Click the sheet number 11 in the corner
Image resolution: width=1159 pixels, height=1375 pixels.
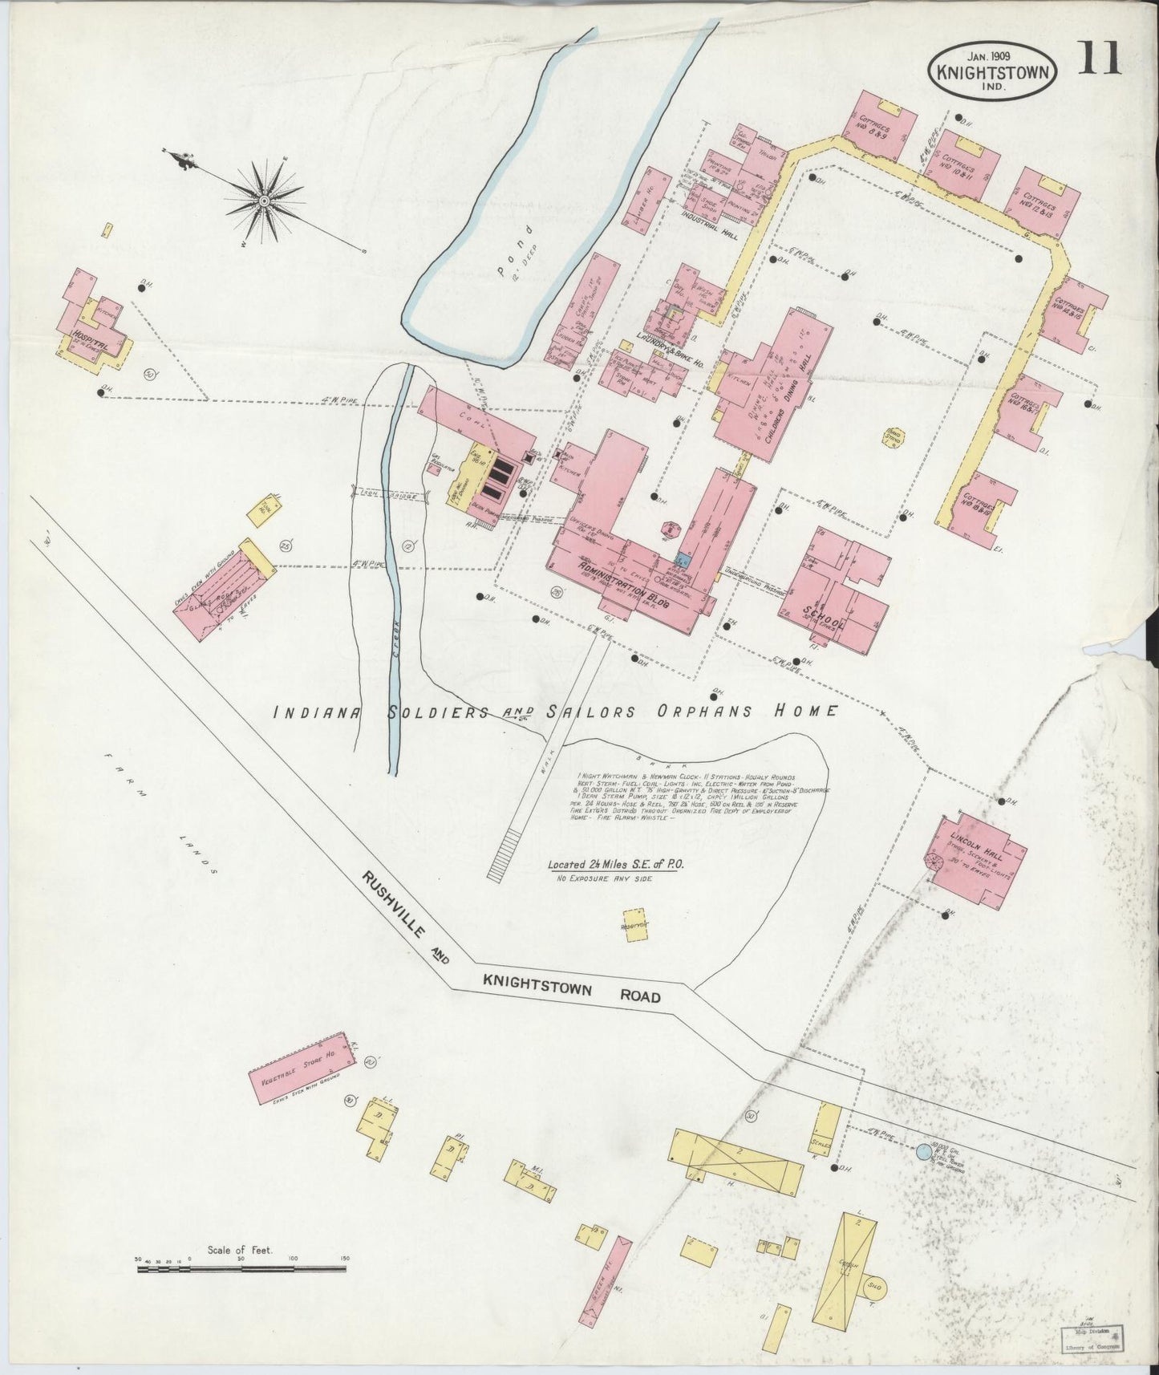[x=1100, y=59]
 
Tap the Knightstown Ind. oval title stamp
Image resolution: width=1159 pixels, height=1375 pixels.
[x=991, y=71]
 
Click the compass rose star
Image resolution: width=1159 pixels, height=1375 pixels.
[x=264, y=199]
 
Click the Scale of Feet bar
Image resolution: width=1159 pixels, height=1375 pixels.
[x=241, y=1268]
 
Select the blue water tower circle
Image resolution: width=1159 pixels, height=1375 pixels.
[x=924, y=1151]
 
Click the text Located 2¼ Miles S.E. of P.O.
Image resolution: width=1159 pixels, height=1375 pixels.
[x=610, y=866]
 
